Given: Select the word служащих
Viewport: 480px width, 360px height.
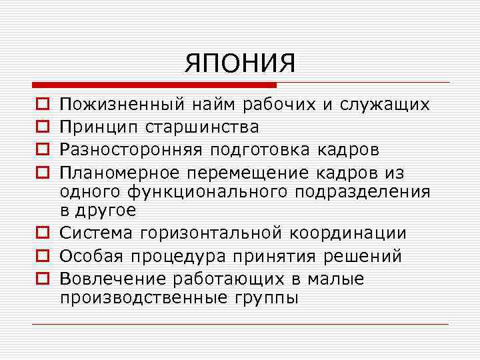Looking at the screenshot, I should (385, 105).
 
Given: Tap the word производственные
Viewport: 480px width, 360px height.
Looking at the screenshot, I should (144, 298).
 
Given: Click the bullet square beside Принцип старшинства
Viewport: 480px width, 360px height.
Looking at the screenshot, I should (42, 127).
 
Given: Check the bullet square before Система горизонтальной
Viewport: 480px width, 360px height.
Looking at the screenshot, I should (42, 233).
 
